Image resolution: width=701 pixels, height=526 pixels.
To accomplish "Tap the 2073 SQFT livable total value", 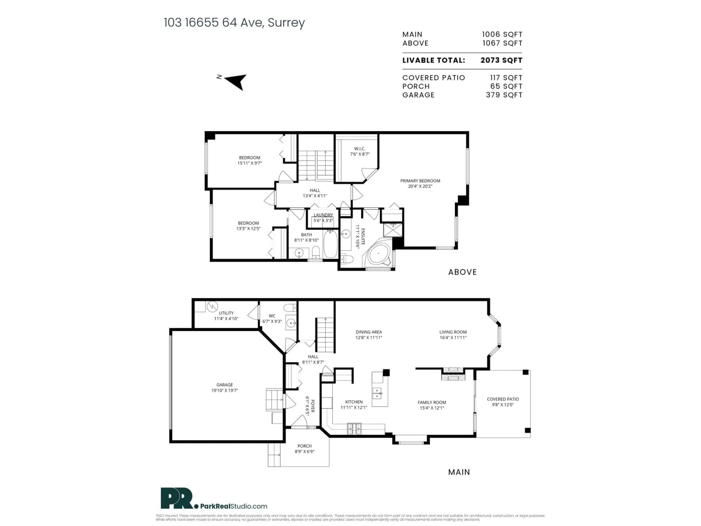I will coord(501,60).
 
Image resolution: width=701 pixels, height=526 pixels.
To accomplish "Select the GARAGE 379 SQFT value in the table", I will coord(504,95).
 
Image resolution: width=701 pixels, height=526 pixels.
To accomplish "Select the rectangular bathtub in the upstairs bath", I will coord(330,244).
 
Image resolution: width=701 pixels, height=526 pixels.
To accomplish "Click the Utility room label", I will coord(226,313).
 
